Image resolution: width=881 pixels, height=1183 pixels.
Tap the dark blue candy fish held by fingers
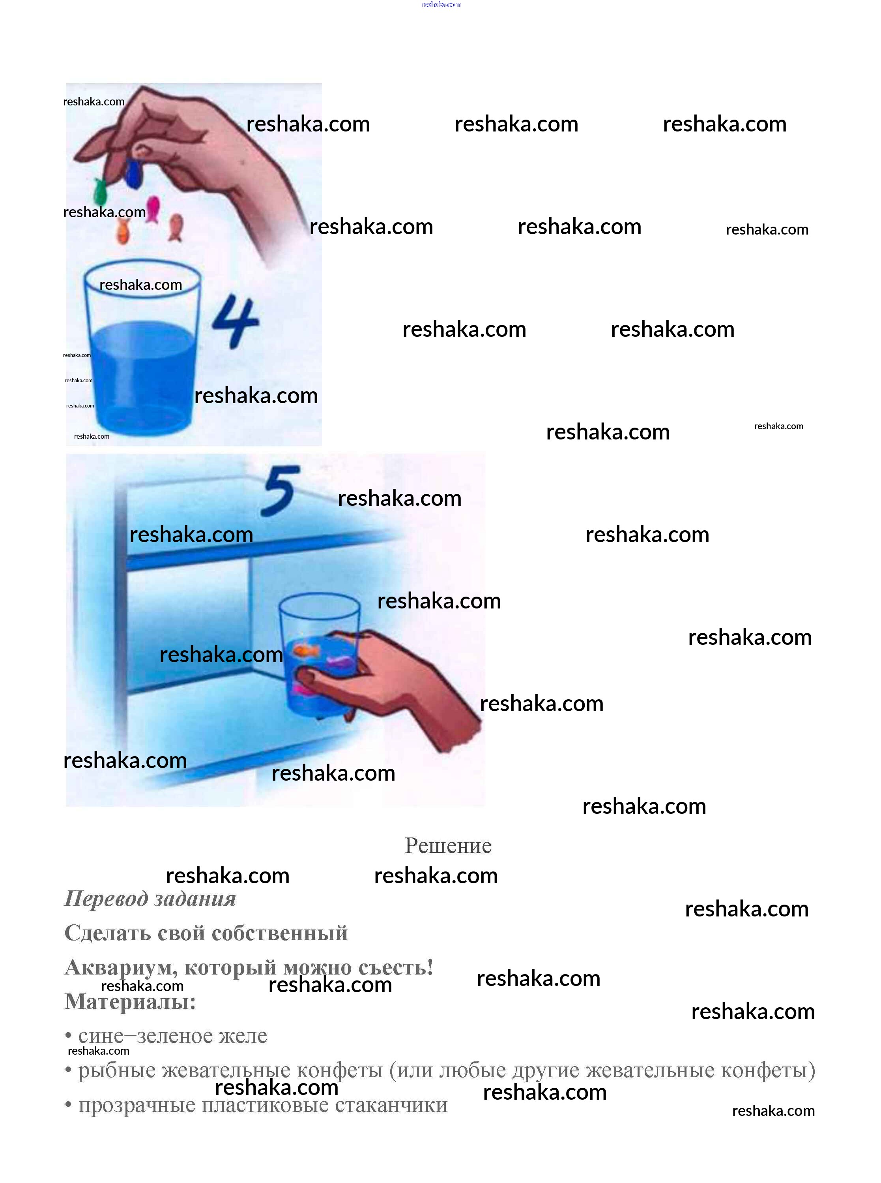(133, 172)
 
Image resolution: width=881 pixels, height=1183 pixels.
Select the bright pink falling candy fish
(153, 208)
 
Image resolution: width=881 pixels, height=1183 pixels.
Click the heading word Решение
(448, 846)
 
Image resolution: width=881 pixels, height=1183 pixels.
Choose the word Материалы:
(130, 1002)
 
